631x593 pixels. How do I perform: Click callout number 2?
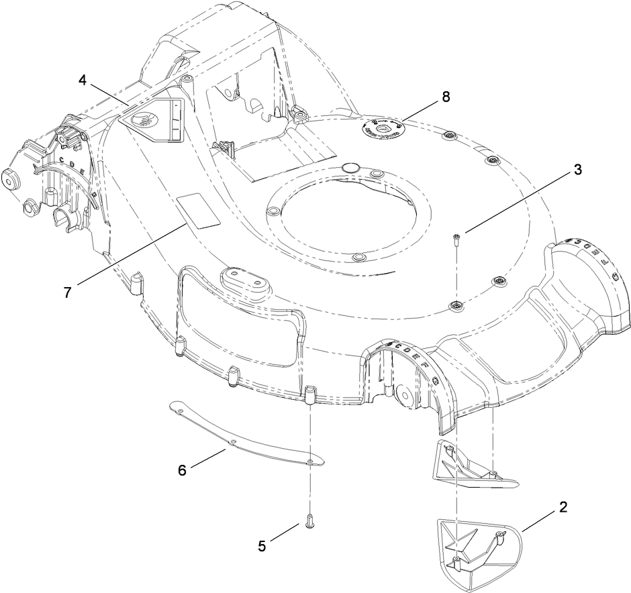tap(563, 506)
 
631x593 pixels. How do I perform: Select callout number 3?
tap(577, 170)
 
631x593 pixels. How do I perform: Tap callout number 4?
tap(83, 80)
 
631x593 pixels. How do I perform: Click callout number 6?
tap(182, 470)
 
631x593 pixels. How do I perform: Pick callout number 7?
tap(68, 293)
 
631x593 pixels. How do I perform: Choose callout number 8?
tap(446, 97)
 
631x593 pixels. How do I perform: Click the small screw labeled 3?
tap(456, 239)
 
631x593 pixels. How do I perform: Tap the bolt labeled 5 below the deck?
tap(309, 522)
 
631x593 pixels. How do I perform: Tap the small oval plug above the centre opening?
tap(352, 166)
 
